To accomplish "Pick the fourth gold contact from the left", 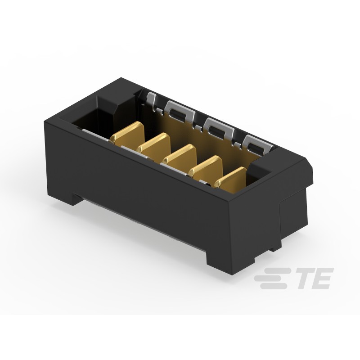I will pyautogui.click(x=206, y=167).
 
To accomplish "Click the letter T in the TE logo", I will pyautogui.click(x=303, y=279).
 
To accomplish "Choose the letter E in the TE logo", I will pyautogui.click(x=322, y=279).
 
